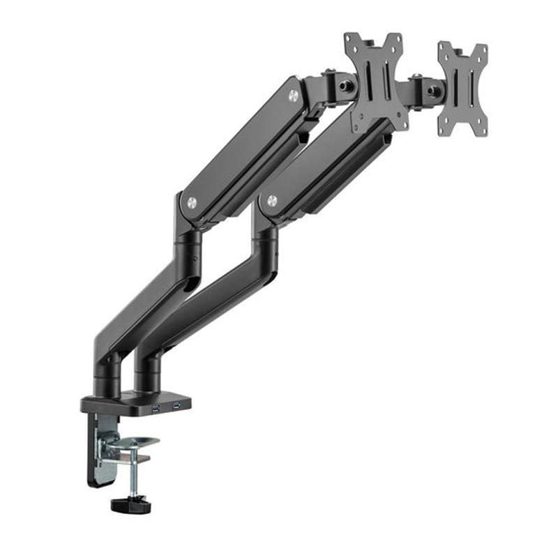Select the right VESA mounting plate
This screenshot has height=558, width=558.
point(462,89)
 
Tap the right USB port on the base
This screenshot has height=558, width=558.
point(177,405)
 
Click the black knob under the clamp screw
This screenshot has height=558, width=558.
point(130,504)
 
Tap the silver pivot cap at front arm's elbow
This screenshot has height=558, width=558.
point(272,201)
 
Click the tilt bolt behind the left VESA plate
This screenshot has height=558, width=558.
point(345,86)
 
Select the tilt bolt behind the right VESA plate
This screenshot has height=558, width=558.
point(434,91)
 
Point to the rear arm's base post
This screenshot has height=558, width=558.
point(108,374)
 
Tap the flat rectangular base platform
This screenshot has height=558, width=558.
point(133,403)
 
